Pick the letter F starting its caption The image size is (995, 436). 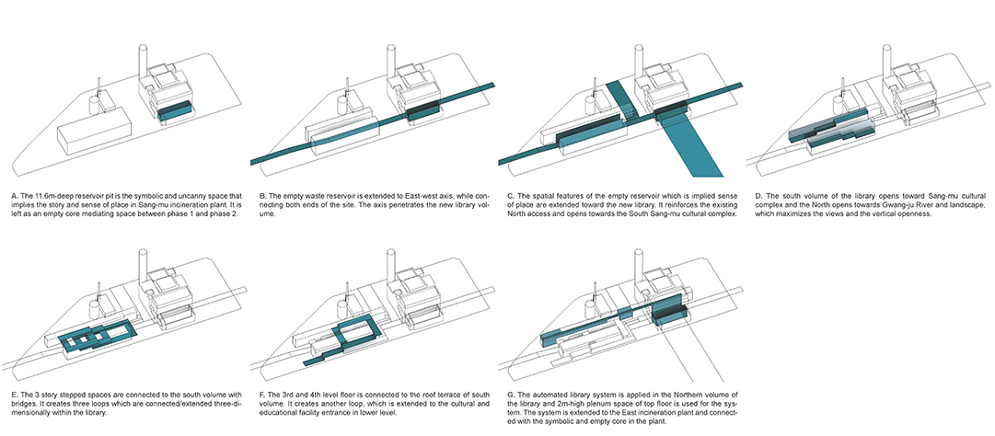coord(254,394)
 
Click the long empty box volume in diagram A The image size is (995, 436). coord(90,139)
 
